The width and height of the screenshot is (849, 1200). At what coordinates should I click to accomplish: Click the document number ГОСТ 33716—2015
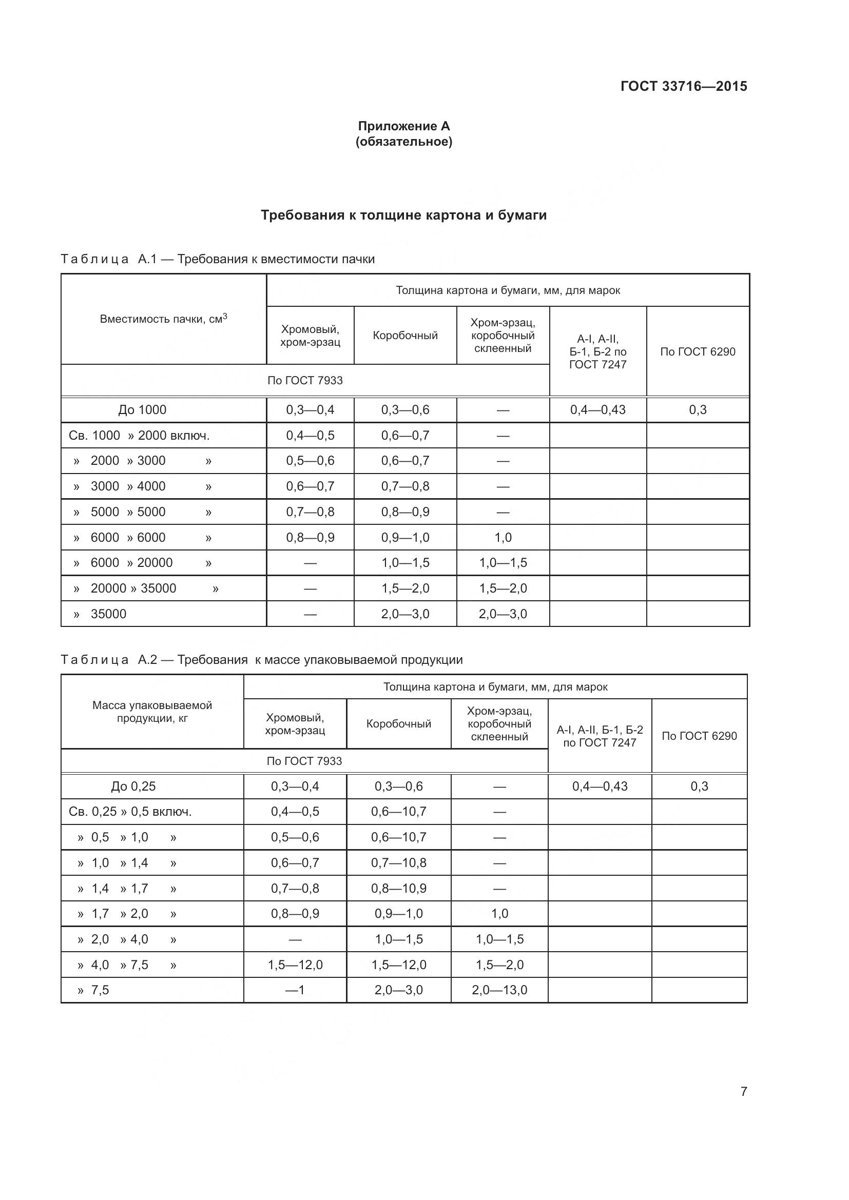(x=684, y=86)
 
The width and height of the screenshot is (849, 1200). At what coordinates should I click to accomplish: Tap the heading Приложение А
(x=403, y=126)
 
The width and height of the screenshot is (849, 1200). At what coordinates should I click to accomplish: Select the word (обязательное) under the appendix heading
(x=403, y=142)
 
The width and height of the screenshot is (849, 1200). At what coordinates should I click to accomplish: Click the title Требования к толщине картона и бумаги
(x=403, y=215)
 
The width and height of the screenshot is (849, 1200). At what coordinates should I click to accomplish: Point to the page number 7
(x=744, y=1091)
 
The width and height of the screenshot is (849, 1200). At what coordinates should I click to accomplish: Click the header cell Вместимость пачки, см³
(x=163, y=319)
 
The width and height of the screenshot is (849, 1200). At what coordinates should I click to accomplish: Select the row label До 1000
(x=142, y=410)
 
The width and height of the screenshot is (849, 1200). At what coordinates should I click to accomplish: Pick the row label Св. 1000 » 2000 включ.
(x=139, y=436)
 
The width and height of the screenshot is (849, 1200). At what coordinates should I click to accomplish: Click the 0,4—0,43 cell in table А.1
(x=597, y=410)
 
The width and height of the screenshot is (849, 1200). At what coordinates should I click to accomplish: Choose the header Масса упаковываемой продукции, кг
(x=152, y=712)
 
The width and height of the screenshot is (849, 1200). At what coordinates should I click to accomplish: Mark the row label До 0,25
(x=133, y=786)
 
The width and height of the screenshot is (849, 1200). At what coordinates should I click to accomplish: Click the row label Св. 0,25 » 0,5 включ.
(x=130, y=812)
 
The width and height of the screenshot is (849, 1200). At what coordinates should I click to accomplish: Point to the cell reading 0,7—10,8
(x=398, y=863)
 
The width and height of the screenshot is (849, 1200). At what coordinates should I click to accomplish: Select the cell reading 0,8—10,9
(x=398, y=889)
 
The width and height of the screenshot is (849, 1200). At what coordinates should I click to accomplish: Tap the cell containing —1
(x=295, y=990)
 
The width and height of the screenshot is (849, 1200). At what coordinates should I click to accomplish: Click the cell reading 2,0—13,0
(x=499, y=990)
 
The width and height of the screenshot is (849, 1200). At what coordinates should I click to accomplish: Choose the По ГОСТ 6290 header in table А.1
(x=698, y=352)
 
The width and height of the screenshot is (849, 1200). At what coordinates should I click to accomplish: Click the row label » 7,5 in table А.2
(x=93, y=990)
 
